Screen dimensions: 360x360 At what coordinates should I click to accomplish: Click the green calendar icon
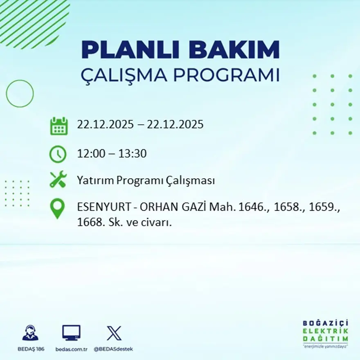(59, 126)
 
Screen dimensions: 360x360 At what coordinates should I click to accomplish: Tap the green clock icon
(58, 154)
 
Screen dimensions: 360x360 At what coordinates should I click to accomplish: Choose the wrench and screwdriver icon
(58, 180)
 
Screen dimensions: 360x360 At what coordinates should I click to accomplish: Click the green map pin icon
(57, 208)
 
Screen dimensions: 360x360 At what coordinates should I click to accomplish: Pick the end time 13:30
(133, 154)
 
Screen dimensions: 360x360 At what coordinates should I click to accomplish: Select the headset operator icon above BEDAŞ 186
(30, 333)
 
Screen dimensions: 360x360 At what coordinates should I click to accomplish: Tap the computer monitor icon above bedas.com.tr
(71, 333)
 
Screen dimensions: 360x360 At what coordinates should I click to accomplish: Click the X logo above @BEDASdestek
(114, 333)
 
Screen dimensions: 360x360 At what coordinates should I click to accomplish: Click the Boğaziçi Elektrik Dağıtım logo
(326, 333)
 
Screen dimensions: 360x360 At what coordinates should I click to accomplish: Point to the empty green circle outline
(20, 94)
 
